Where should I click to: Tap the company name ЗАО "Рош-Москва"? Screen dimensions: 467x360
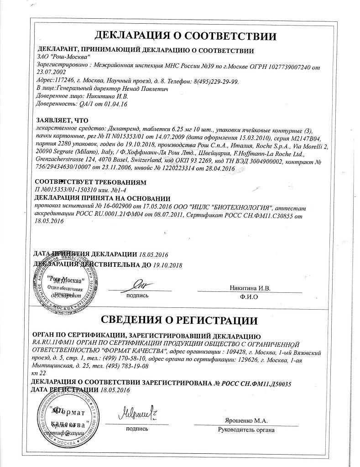63,58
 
